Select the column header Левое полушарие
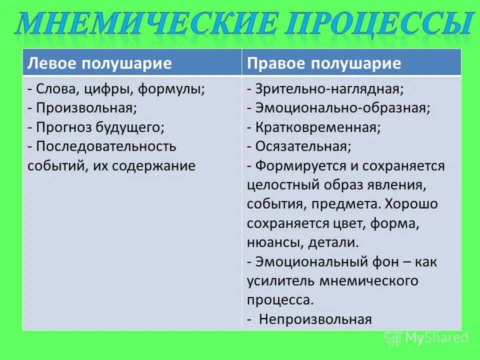(99, 63)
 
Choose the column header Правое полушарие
(324, 63)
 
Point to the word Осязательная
(302, 146)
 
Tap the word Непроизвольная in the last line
(315, 319)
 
